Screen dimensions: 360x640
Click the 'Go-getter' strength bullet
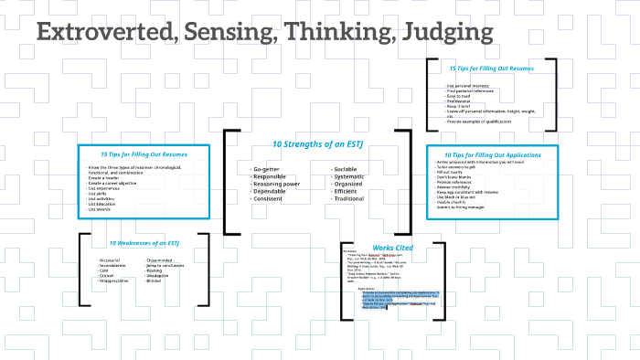tap(266, 170)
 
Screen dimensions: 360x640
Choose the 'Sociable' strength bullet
tap(346, 170)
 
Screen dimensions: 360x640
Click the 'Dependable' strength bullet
tap(272, 191)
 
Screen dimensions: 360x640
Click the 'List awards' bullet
tap(98, 210)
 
